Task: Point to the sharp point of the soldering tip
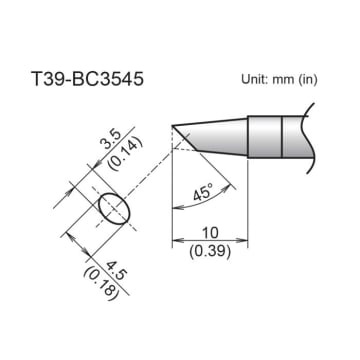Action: pos(173,127)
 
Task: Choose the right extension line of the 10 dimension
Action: pos(249,200)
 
